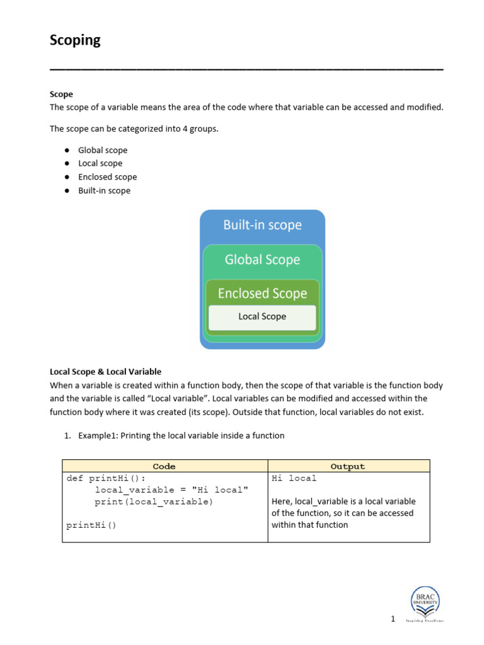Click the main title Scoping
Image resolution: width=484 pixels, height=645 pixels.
click(x=75, y=40)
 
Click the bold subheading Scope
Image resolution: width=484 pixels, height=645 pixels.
click(x=61, y=94)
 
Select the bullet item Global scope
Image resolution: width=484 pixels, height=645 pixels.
click(x=102, y=150)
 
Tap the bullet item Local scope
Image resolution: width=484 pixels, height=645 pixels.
click(x=100, y=163)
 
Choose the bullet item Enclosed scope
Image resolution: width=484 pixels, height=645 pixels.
click(x=107, y=177)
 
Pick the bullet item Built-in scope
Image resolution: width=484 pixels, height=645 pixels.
click(x=104, y=190)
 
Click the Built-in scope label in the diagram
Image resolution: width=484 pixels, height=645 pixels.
click(x=262, y=225)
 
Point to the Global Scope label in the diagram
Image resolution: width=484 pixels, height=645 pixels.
click(x=262, y=260)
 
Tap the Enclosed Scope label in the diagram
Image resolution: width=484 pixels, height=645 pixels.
click(x=262, y=294)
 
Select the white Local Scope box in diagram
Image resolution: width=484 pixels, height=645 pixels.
click(x=262, y=317)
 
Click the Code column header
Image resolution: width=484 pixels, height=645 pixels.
click(x=164, y=466)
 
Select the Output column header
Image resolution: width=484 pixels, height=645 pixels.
click(x=348, y=466)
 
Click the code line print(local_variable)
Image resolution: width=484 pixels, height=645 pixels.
click(x=154, y=502)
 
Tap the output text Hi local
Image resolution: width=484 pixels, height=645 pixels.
click(x=294, y=478)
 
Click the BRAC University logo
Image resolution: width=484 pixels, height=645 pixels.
click(x=426, y=603)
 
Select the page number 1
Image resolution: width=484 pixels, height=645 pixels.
click(x=393, y=619)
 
